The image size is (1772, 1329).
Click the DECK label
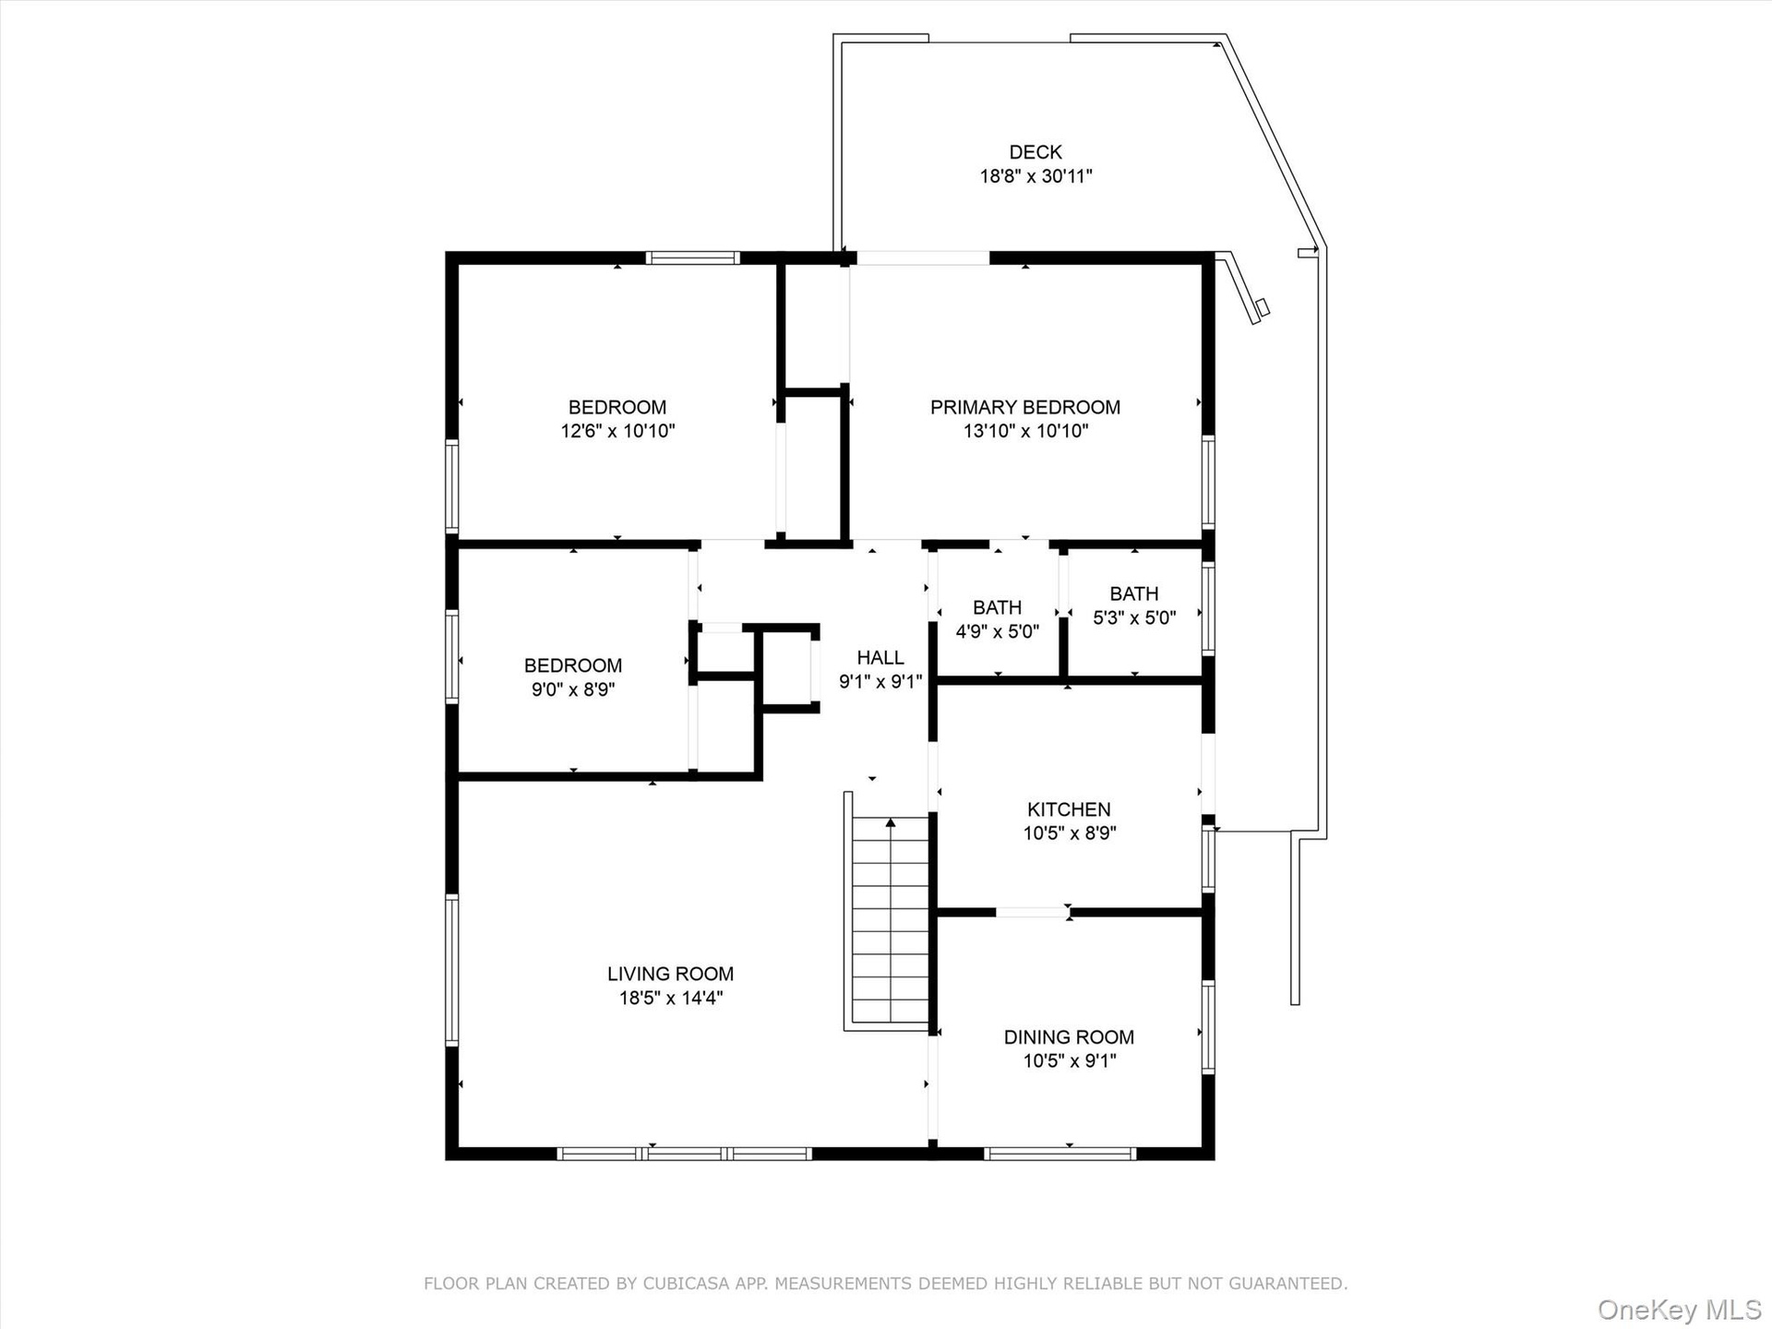coord(1036,152)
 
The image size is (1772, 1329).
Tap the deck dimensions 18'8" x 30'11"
coord(1036,176)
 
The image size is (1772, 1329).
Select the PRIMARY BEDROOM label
coord(1025,407)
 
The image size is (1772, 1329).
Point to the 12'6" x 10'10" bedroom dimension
coord(617,431)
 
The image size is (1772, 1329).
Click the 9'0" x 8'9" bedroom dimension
coord(573,689)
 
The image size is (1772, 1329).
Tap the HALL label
coord(880,658)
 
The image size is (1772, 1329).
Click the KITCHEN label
coord(1069,809)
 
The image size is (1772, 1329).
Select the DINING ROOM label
coord(1069,1037)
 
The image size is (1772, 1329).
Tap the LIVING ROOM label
coord(670,974)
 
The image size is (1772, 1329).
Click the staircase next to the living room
coord(890,920)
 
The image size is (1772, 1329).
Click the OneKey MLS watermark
coord(1680,1310)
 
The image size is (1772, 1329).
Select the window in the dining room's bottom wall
coord(1060,1153)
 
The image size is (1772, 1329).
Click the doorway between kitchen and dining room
coord(1032,912)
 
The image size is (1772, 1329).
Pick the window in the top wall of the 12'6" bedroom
coord(692,257)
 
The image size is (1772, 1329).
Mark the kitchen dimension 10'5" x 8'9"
coord(1069,833)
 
